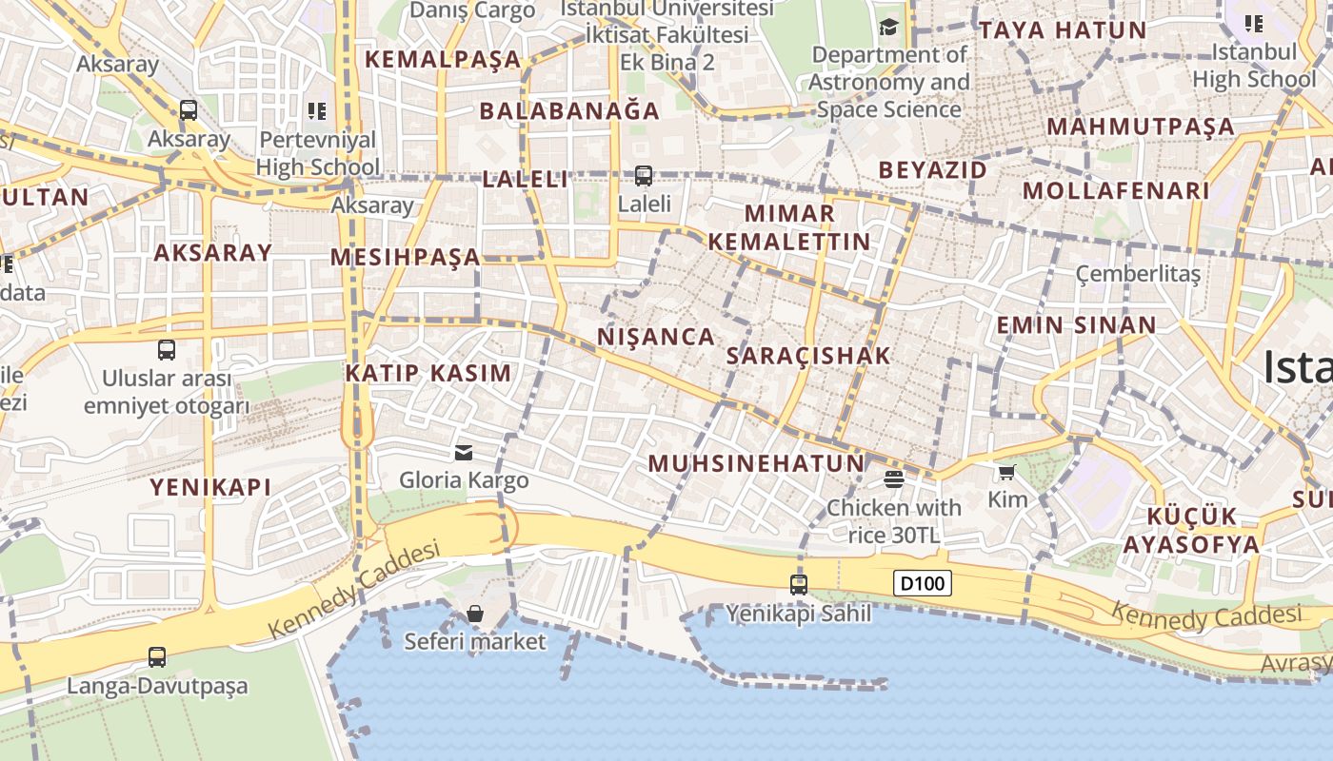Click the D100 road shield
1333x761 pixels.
[x=922, y=583]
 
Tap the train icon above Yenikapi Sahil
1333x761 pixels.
[x=799, y=585]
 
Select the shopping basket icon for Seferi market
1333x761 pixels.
[x=474, y=614]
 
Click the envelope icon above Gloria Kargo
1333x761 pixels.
[x=464, y=452]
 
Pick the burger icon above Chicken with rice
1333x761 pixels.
[x=893, y=478]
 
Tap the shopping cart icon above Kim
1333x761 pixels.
[x=1006, y=472]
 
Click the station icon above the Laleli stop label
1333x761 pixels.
[x=644, y=175]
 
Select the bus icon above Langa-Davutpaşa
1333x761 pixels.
[x=157, y=656]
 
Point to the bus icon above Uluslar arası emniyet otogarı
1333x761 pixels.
[x=167, y=349]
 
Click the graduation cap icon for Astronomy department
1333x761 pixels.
[x=888, y=27]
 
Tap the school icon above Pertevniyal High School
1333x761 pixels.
[x=317, y=111]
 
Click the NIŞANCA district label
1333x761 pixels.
[x=656, y=337]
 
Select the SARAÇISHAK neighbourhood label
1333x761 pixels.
[x=808, y=356]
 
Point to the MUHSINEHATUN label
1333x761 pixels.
[x=756, y=464]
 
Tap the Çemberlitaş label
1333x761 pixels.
[x=1138, y=274]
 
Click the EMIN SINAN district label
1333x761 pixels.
[x=1076, y=325]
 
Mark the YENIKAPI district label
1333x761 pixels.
[x=210, y=487]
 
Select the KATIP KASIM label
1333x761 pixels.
[x=428, y=373]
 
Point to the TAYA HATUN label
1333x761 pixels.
[x=1063, y=29]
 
